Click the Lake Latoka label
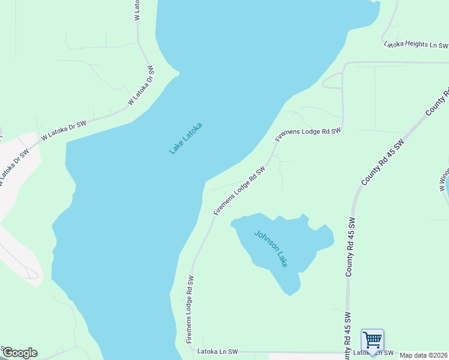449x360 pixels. pyautogui.click(x=185, y=138)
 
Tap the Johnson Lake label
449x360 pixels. pyautogui.click(x=271, y=249)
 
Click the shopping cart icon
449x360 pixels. pyautogui.click(x=372, y=340)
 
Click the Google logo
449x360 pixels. pyautogui.click(x=19, y=353)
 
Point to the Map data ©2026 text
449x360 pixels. pyautogui.click(x=424, y=355)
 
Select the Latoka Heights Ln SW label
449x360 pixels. pyautogui.click(x=416, y=44)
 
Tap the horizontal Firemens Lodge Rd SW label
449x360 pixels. pyautogui.click(x=308, y=134)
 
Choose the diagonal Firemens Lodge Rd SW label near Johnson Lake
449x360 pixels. pyautogui.click(x=239, y=191)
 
